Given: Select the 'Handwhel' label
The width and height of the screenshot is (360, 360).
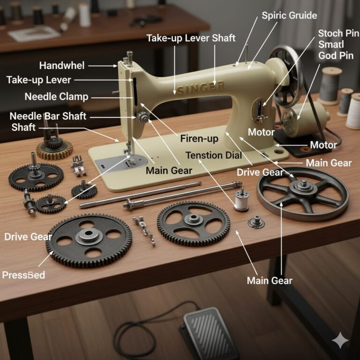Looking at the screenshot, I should (61, 66).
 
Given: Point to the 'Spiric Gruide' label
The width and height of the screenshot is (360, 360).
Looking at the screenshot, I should (289, 15).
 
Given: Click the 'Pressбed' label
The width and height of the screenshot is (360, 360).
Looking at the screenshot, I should (23, 275).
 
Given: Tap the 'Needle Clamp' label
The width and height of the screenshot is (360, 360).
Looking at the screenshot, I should (56, 97).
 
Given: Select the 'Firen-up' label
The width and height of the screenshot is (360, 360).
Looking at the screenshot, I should (199, 139).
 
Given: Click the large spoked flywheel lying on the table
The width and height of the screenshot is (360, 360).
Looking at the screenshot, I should (302, 192).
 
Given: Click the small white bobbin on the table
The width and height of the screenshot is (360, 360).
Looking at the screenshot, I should (241, 200).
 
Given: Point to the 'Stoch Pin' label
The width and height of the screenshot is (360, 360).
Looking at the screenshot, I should (337, 33).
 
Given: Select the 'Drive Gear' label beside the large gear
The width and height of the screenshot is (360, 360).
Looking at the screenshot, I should (28, 236).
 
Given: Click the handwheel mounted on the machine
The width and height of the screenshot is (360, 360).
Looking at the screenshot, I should (285, 75).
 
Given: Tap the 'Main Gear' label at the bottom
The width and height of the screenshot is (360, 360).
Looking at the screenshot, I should (270, 280).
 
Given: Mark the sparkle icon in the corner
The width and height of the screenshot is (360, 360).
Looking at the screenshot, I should (339, 340).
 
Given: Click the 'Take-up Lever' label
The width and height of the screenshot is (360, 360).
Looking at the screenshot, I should (39, 80).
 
